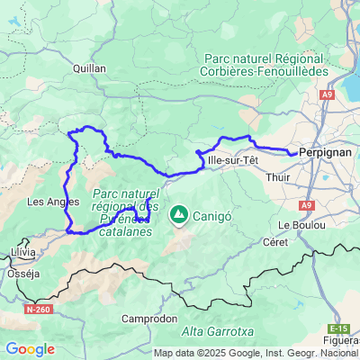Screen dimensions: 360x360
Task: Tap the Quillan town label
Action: coord(90,67)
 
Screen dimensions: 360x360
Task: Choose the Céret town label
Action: coord(274,242)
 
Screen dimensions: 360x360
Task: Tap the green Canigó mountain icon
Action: coord(179,215)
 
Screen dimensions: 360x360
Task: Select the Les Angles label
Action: coord(48,202)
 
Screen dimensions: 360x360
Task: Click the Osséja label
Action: coord(21,273)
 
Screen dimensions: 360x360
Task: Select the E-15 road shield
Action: coord(338,328)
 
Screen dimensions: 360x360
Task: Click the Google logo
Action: coord(30,349)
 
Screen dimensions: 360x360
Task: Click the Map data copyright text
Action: coord(256,353)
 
